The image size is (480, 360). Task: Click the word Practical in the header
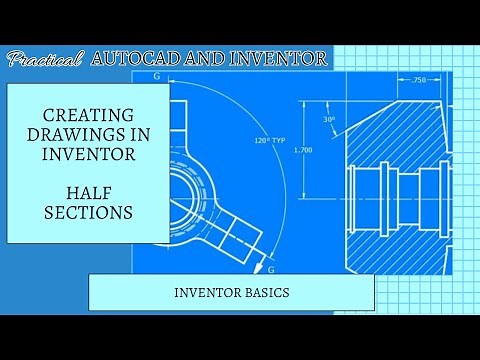pyautogui.click(x=45, y=60)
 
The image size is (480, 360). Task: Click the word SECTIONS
pyautogui.click(x=88, y=212)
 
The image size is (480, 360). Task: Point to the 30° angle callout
pyautogui.click(x=329, y=118)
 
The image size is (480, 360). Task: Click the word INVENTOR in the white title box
pyautogui.click(x=88, y=157)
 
